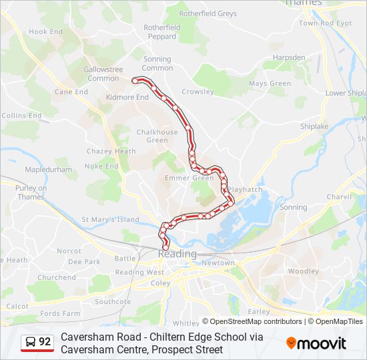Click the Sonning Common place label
tap(157, 63)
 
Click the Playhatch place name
tap(244, 190)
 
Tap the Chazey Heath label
tap(111, 151)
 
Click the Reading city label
tap(177, 254)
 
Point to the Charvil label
tap(339, 197)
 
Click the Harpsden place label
tap(288, 57)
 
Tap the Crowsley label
tap(198, 92)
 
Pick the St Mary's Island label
tap(110, 219)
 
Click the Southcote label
tap(113, 301)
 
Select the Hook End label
tap(46, 31)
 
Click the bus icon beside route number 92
tap(30, 343)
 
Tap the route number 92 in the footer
tap(45, 342)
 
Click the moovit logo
tap(316, 343)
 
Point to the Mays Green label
tap(270, 84)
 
